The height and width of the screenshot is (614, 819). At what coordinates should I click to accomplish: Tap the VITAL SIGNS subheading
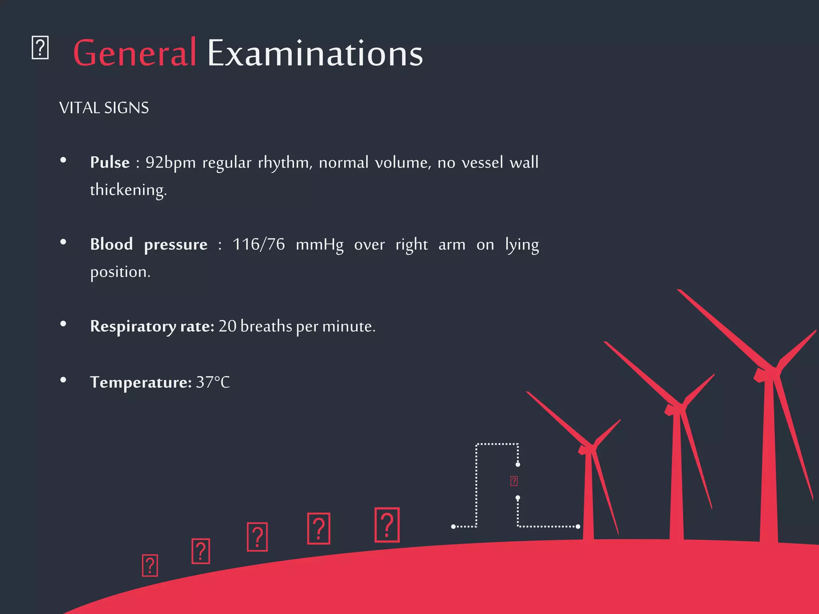coord(104,108)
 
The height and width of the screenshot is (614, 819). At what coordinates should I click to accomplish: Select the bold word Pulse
coord(110,162)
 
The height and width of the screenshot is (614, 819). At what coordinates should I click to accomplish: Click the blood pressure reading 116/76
coord(259,244)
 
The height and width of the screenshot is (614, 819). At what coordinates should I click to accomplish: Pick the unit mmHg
coord(320,245)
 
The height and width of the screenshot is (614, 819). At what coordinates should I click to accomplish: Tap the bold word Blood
coord(111,244)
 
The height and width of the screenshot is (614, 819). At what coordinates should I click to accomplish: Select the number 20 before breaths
coord(228,326)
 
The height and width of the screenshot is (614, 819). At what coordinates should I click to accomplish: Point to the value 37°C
coord(213,382)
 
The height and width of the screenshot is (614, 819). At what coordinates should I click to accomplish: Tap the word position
coord(120,272)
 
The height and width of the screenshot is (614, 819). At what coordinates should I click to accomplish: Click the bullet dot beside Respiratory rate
coord(63,324)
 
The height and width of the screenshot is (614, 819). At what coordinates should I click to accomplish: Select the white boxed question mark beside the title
coord(40,48)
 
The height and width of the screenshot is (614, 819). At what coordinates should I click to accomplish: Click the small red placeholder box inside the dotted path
coord(514,481)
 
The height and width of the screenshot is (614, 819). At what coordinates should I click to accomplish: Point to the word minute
coord(348,326)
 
